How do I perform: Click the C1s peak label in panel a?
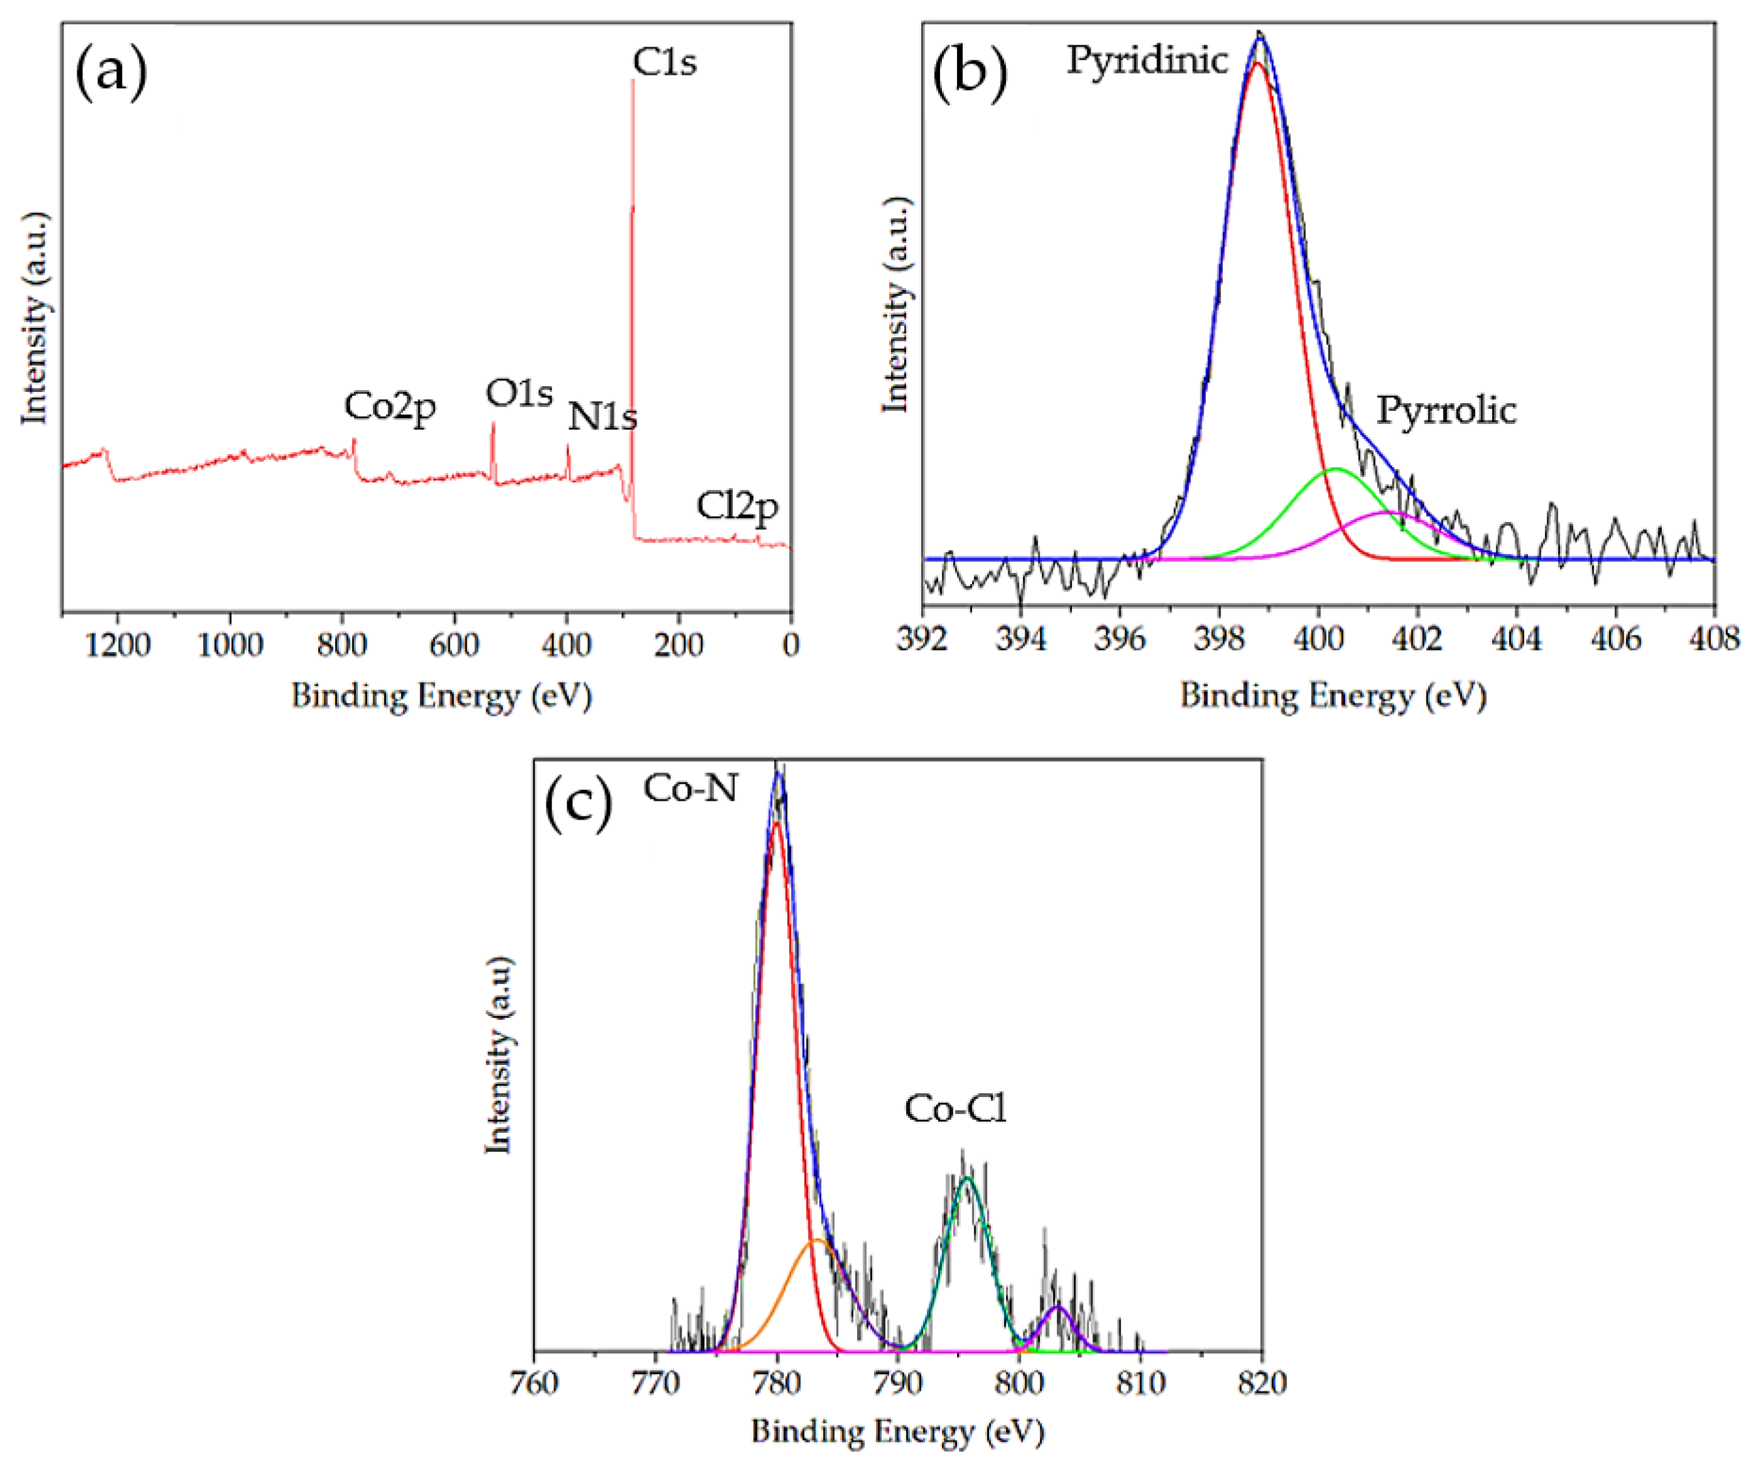pyautogui.click(x=664, y=62)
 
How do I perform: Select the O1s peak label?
pyautogui.click(x=519, y=393)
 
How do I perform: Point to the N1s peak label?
pyautogui.click(x=602, y=416)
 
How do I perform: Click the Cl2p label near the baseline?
pyautogui.click(x=737, y=506)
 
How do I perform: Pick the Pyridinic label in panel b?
pyautogui.click(x=1146, y=60)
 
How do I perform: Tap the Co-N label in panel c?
pyautogui.click(x=690, y=788)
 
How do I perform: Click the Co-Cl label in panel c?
pyautogui.click(x=955, y=1109)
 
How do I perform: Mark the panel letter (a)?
pyautogui.click(x=111, y=73)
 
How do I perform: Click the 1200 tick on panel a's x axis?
pyautogui.click(x=118, y=645)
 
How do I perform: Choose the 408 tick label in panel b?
pyautogui.click(x=1715, y=640)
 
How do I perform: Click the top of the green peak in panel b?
pyautogui.click(x=1335, y=469)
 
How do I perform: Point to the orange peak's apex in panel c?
pyautogui.click(x=815, y=1240)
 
